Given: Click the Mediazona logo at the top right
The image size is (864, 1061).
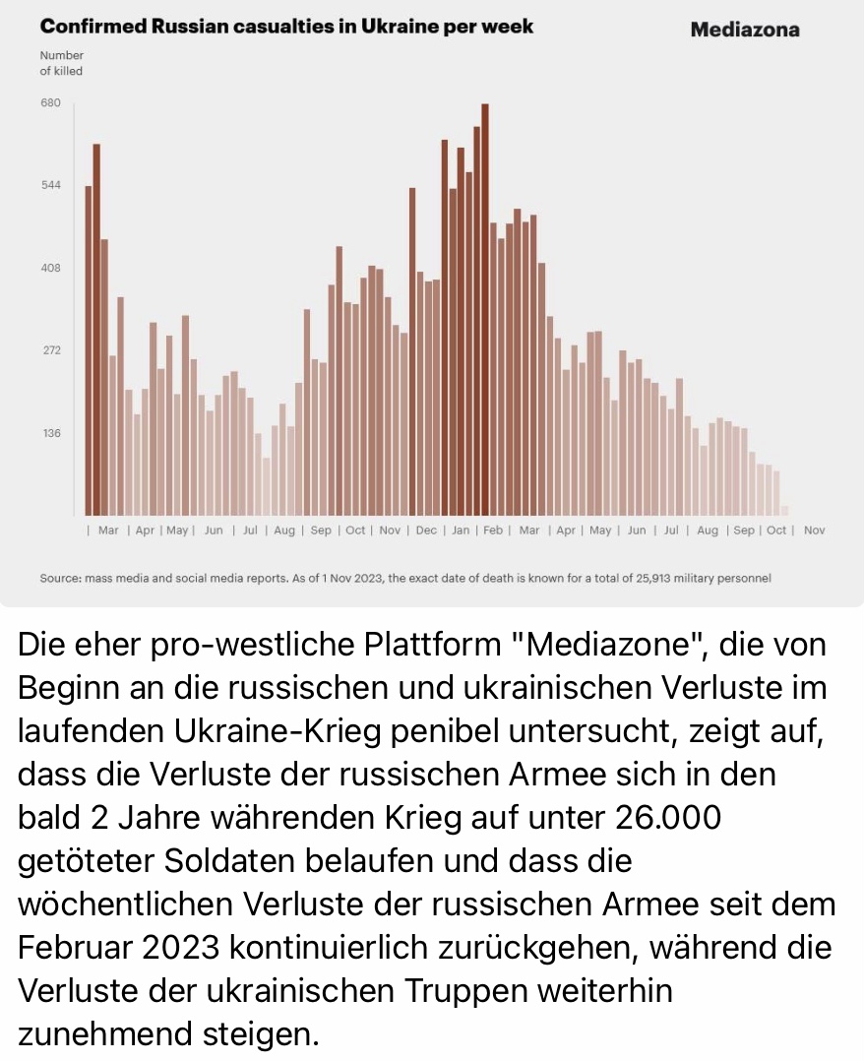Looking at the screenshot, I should (745, 30).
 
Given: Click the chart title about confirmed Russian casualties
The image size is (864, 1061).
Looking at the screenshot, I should (286, 27).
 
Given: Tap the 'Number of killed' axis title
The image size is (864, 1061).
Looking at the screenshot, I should (61, 63).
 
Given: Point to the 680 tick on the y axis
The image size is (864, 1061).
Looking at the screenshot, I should (50, 103).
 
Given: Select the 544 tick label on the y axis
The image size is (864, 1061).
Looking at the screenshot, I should (50, 185).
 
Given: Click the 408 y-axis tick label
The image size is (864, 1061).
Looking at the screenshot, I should (50, 268).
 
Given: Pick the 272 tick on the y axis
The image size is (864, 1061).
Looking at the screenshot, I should (50, 350).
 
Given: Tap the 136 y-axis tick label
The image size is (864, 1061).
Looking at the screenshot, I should (50, 433).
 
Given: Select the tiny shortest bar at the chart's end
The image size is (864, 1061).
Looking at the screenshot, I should (784, 510).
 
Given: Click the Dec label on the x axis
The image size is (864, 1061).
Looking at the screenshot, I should (426, 530).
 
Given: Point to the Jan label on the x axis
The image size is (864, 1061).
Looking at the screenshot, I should (461, 530).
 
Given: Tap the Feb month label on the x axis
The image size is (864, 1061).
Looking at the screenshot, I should (493, 530).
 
